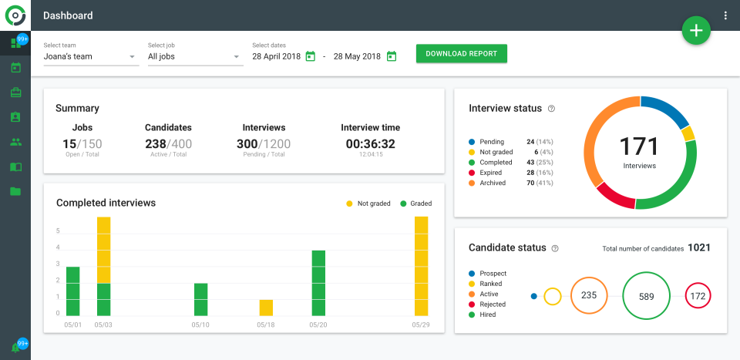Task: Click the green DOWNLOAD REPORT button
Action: tap(461, 54)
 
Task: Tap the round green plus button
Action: tap(696, 30)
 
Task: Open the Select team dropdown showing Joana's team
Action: tap(90, 56)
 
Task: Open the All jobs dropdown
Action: tap(194, 56)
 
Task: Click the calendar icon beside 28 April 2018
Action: tap(311, 56)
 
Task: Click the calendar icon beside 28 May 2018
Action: tap(392, 56)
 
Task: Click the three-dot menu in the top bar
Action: tap(725, 15)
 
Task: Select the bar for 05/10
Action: tap(200, 299)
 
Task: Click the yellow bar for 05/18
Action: tap(266, 308)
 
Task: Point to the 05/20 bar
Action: tap(318, 283)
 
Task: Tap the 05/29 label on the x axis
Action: tap(421, 325)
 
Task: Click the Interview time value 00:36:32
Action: tap(370, 143)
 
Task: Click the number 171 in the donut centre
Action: tap(640, 146)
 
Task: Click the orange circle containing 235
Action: tap(589, 295)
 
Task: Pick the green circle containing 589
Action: tap(646, 296)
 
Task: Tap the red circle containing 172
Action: tap(698, 296)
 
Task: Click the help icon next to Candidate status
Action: tap(555, 248)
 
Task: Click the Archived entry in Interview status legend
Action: tap(493, 183)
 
